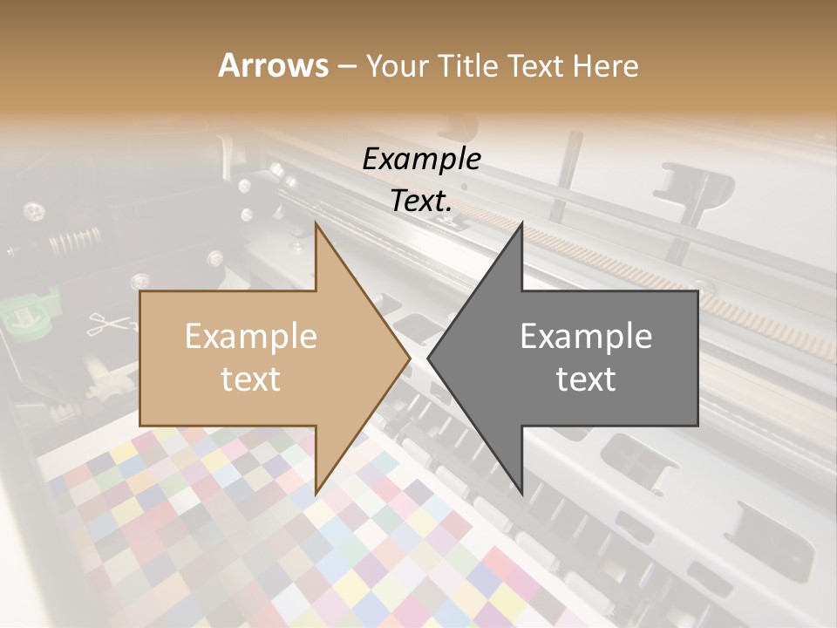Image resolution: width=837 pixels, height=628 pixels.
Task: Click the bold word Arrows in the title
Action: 273,65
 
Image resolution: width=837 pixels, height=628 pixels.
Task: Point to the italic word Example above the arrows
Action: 421,159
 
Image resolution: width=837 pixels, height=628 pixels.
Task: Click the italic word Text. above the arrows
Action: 421,201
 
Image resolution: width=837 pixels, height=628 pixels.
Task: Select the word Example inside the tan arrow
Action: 251,337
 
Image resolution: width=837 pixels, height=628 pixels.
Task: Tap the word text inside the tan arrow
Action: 251,379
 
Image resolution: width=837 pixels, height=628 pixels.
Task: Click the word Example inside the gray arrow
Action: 586,337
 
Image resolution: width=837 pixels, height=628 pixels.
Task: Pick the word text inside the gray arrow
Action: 586,379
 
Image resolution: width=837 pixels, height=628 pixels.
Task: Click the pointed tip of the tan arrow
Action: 409,358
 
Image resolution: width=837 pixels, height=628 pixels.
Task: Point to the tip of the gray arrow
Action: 429,358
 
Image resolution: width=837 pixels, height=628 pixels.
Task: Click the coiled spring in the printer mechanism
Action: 74,241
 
